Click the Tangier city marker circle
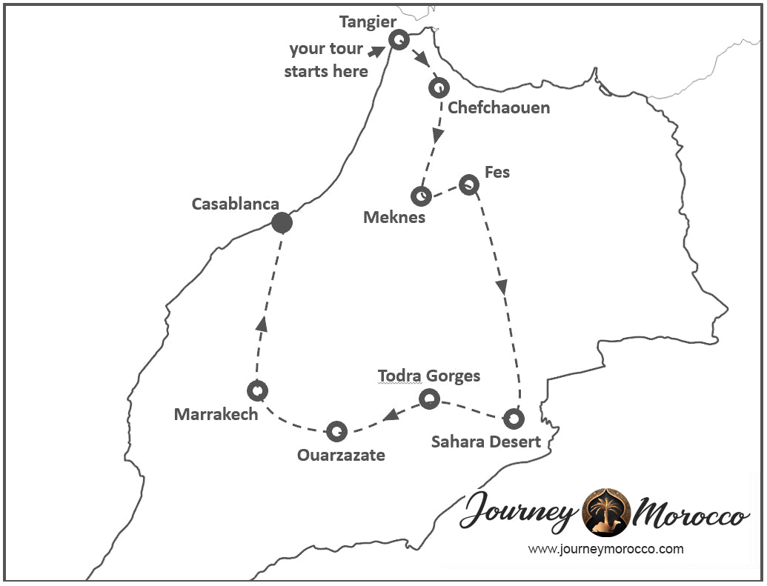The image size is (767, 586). coord(399,40)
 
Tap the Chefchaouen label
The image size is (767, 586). coord(499,108)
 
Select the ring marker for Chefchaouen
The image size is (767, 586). coord(438,87)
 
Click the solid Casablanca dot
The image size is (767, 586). coord(282,222)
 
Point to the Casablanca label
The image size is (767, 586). coord(235,204)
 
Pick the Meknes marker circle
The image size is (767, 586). coord(421,196)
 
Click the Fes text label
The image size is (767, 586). coord(497,173)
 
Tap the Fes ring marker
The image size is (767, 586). coord(468,184)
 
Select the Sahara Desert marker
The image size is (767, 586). coord(514,419)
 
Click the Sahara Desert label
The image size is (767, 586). coord(486,442)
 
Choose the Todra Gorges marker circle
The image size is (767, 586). coord(429,400)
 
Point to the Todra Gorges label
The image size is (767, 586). coord(429,376)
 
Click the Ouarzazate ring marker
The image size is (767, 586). coord(336,430)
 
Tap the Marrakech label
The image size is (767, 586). coord(216,414)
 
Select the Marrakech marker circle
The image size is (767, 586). coord(256,390)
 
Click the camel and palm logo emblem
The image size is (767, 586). coord(607,512)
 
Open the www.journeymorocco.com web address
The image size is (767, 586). coord(605,549)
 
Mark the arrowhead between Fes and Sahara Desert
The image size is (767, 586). coord(502,286)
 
